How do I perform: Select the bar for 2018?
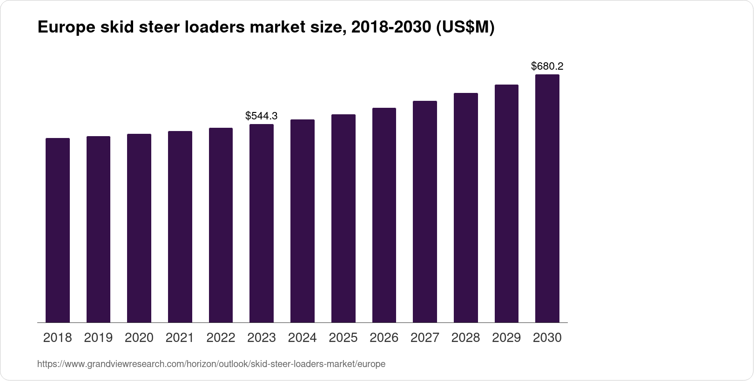[58, 230]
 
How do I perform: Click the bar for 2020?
[139, 228]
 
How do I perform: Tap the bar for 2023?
[262, 223]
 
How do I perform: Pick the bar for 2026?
[384, 215]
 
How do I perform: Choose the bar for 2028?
[466, 208]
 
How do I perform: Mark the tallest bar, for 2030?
[547, 198]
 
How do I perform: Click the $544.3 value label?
[262, 116]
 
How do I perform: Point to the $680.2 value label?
[547, 66]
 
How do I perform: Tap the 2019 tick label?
[98, 338]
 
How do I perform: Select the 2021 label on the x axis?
[180, 338]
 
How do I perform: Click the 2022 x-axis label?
[221, 338]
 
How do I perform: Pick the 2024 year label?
[303, 338]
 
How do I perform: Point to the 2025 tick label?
[343, 338]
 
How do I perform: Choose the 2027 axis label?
[425, 338]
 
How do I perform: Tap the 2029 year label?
[506, 338]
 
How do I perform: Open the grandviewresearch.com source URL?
[211, 364]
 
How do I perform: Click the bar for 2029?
[506, 204]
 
